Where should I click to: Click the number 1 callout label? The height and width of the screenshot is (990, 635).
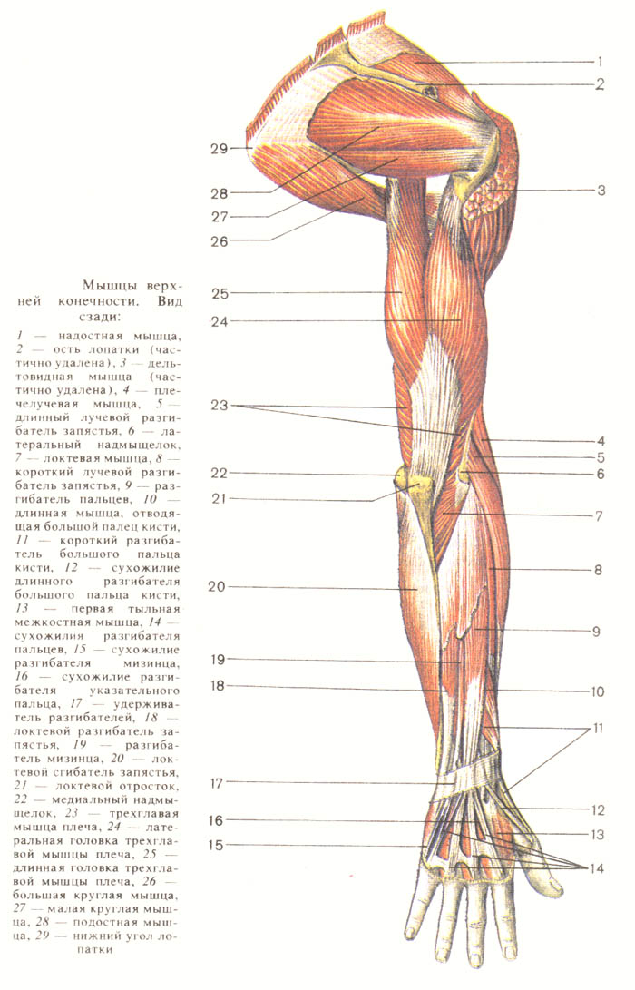pyautogui.click(x=600, y=63)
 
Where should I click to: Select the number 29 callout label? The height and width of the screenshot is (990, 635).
pyautogui.click(x=219, y=147)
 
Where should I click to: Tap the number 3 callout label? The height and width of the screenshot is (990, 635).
pyautogui.click(x=600, y=191)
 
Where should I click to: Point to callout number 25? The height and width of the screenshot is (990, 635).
pyautogui.click(x=219, y=292)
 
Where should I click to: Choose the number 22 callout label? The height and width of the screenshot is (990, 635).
pyautogui.click(x=219, y=473)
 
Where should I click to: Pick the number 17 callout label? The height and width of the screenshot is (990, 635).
pyautogui.click(x=218, y=782)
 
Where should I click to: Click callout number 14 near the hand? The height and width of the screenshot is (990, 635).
pyautogui.click(x=596, y=868)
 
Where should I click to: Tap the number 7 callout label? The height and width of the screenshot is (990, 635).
pyautogui.click(x=600, y=515)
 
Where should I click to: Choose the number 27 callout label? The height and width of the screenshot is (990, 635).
pyautogui.click(x=219, y=217)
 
